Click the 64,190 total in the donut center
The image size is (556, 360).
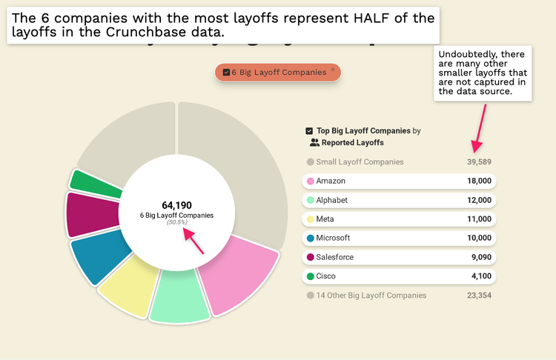(x=176, y=204)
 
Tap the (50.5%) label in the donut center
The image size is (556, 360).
(x=176, y=222)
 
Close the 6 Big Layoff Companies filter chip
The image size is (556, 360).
(x=333, y=70)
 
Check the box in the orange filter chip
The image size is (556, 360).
(x=226, y=73)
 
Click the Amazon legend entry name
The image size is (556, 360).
(x=331, y=181)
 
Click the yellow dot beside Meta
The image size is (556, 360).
(x=310, y=219)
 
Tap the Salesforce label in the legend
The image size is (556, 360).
(x=334, y=257)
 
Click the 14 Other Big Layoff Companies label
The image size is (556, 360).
(x=371, y=295)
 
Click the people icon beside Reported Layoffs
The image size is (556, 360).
(x=314, y=142)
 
